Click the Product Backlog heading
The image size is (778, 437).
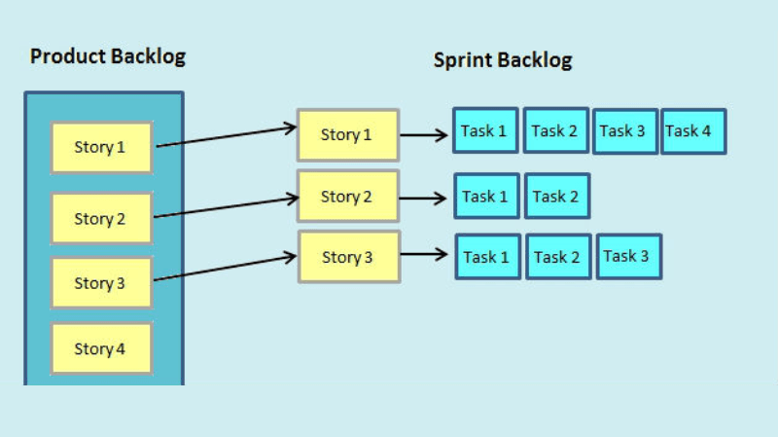pos(107,56)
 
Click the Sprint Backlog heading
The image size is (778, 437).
pos(502,60)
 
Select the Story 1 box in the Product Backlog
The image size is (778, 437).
pos(101,148)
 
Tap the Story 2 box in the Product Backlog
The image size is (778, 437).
pos(101,218)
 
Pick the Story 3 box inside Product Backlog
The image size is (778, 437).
pos(101,283)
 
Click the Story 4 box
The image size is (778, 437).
pos(101,348)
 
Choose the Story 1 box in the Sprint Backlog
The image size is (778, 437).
pos(347,135)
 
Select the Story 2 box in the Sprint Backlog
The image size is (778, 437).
pos(347,197)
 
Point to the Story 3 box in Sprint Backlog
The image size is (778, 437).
pos(348,257)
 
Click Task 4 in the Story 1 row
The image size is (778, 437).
pos(694,131)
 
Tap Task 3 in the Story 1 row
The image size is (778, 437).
pos(624,131)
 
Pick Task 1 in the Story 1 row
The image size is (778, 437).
pos(485,130)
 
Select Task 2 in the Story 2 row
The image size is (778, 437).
pos(556,197)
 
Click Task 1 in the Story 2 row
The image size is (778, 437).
pos(485,197)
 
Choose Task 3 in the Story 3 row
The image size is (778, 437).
pos(628,257)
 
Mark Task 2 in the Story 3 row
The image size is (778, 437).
pos(558,258)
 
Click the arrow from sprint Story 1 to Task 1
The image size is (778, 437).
pos(424,135)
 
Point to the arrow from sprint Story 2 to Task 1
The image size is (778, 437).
pos(424,198)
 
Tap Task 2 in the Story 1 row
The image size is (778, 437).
pos(555,131)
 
